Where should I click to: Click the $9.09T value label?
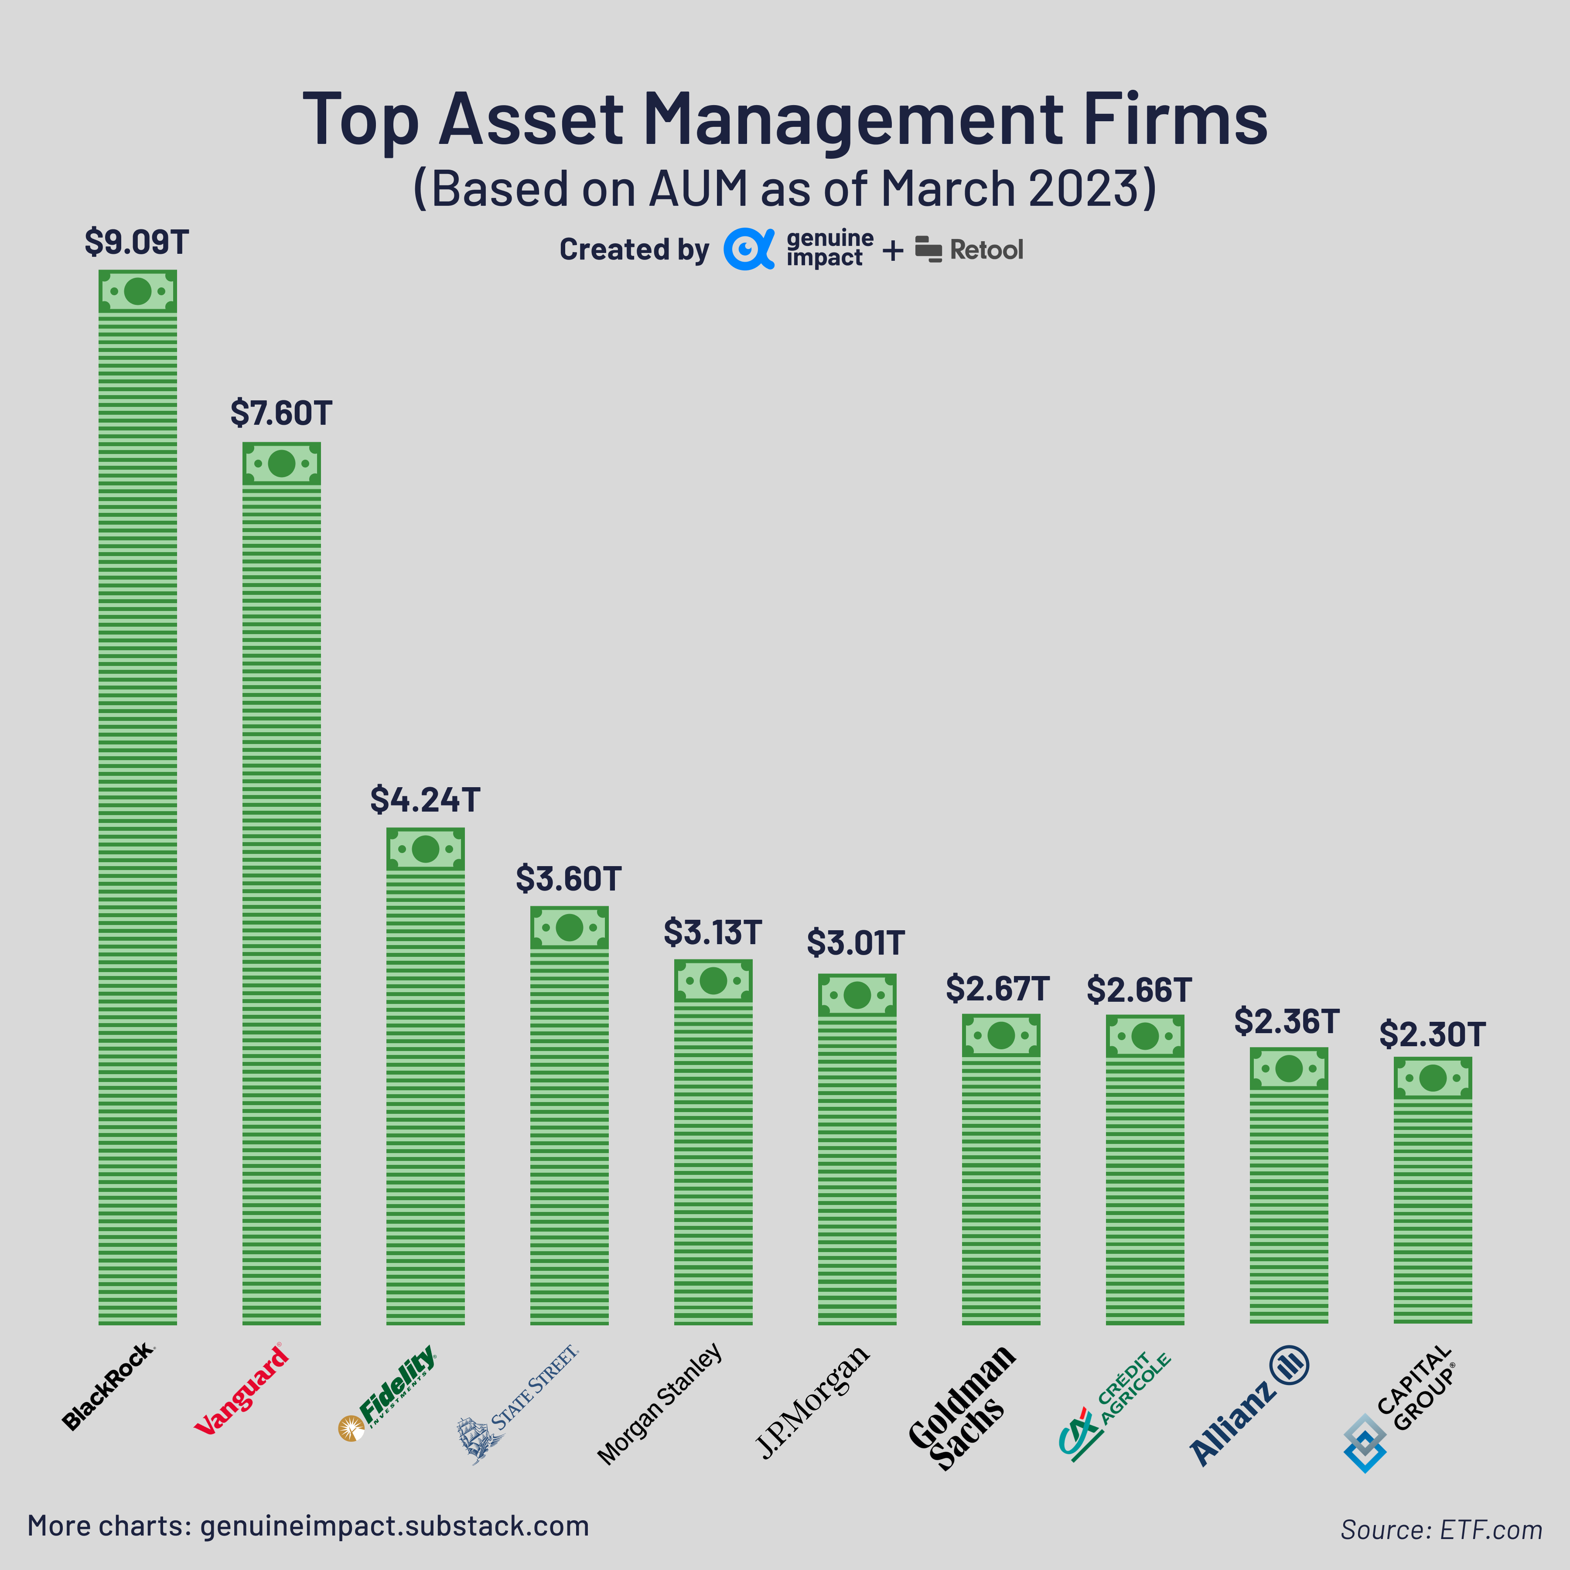tap(137, 242)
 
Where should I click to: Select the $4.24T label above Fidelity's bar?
tap(425, 800)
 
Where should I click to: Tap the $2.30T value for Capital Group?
tap(1432, 1034)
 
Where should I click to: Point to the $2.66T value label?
tap(1139, 990)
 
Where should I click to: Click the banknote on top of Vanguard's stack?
tap(281, 464)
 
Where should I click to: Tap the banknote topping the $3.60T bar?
tap(569, 927)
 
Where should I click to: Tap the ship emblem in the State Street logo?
tap(478, 1438)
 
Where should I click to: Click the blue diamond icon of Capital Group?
tap(1365, 1442)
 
